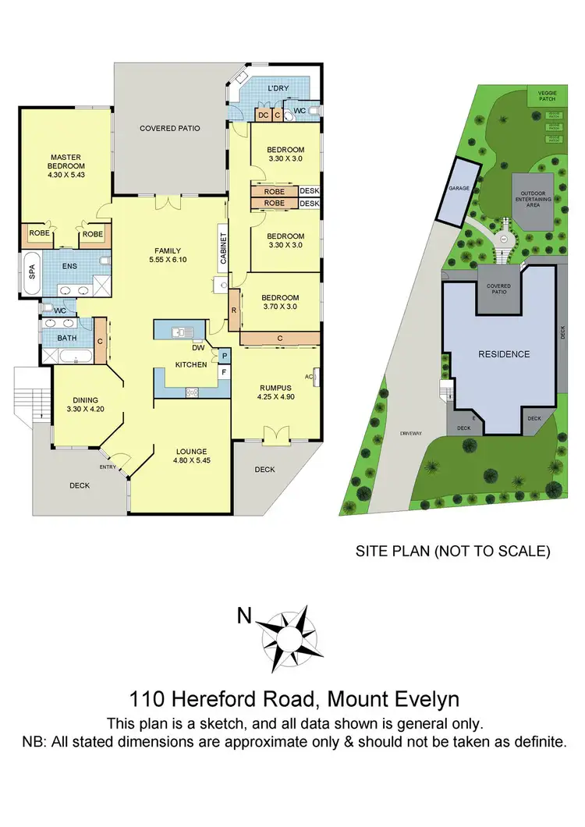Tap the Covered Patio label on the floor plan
[x=170, y=128]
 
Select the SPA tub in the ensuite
[x=32, y=272]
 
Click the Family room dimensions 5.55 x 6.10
[x=168, y=261]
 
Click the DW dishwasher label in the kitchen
[x=198, y=349]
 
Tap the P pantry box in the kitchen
[x=225, y=356]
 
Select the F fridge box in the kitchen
[x=225, y=372]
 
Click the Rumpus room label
[x=275, y=387]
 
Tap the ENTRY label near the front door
[x=107, y=467]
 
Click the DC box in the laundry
[x=264, y=115]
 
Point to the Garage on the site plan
[x=456, y=190]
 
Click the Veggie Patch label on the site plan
[x=547, y=96]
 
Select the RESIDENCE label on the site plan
[x=503, y=354]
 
